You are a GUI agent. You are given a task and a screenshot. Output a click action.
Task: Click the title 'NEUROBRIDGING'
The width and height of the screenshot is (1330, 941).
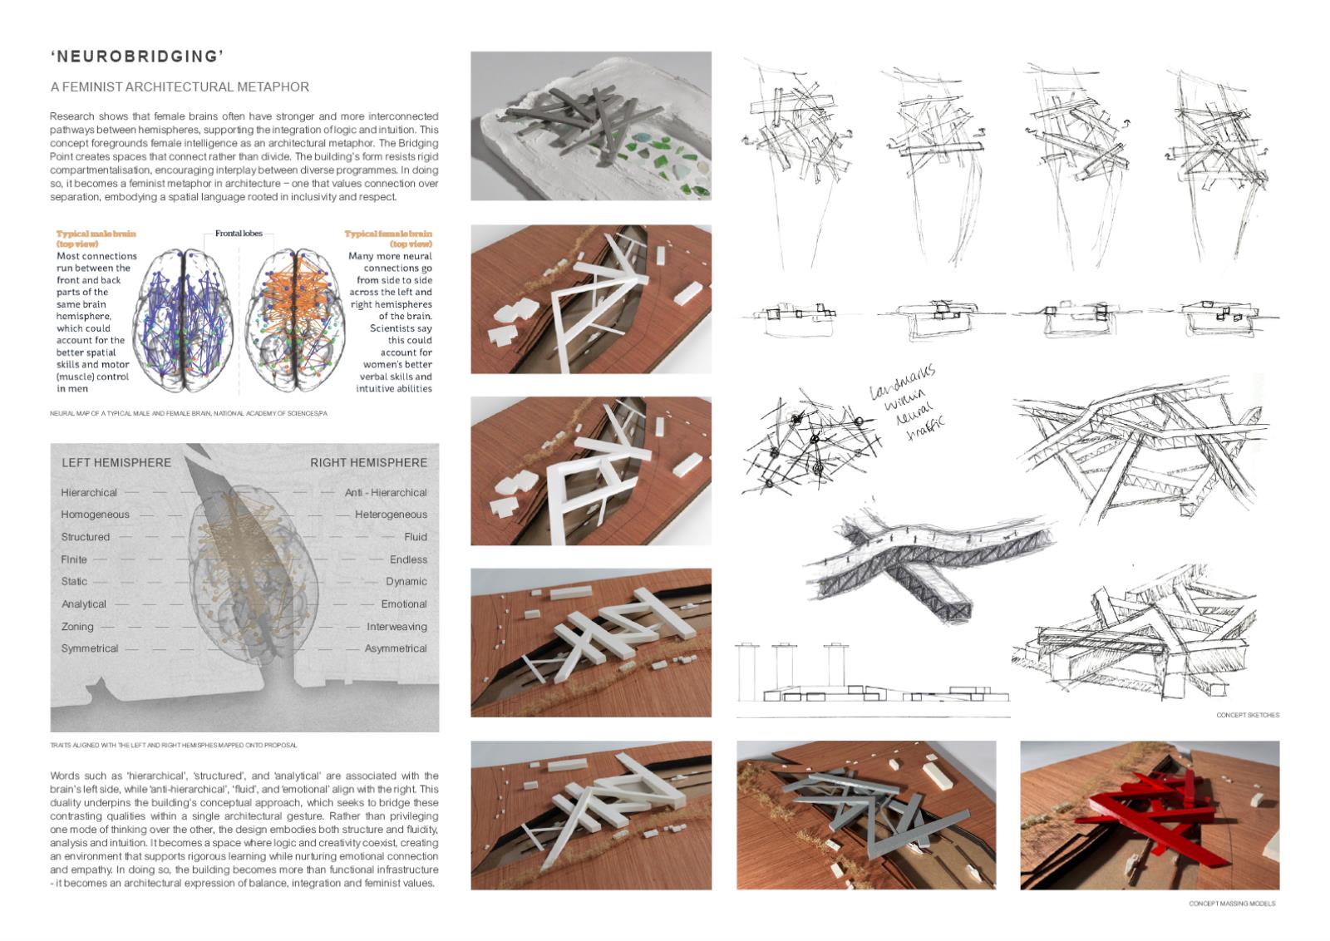(138, 57)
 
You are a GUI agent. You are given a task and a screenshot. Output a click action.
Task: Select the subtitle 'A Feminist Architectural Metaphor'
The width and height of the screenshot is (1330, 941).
(180, 86)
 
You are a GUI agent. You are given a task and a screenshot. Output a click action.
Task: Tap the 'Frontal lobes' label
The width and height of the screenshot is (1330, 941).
(239, 234)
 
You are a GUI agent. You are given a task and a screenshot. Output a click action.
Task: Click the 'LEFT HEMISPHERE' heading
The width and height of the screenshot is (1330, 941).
(116, 462)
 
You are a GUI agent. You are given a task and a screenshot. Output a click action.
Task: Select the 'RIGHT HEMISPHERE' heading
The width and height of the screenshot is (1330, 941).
(368, 462)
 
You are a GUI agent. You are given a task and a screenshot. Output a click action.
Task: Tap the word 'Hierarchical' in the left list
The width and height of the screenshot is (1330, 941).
(89, 493)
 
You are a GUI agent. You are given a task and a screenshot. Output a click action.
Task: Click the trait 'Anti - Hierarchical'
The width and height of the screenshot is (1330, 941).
(386, 493)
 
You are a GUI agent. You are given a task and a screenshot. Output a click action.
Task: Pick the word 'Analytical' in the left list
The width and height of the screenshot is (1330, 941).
(84, 604)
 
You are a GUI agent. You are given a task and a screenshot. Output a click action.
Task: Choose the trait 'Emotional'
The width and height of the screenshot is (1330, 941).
(404, 604)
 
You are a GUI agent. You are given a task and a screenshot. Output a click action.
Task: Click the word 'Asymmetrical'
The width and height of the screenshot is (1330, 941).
(396, 648)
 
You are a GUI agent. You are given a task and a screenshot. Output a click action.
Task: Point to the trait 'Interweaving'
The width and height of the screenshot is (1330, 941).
(397, 627)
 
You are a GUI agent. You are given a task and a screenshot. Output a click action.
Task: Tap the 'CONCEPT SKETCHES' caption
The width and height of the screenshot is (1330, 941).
(1248, 715)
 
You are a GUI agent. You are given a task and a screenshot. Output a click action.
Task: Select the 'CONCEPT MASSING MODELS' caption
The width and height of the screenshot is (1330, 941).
(1231, 904)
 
